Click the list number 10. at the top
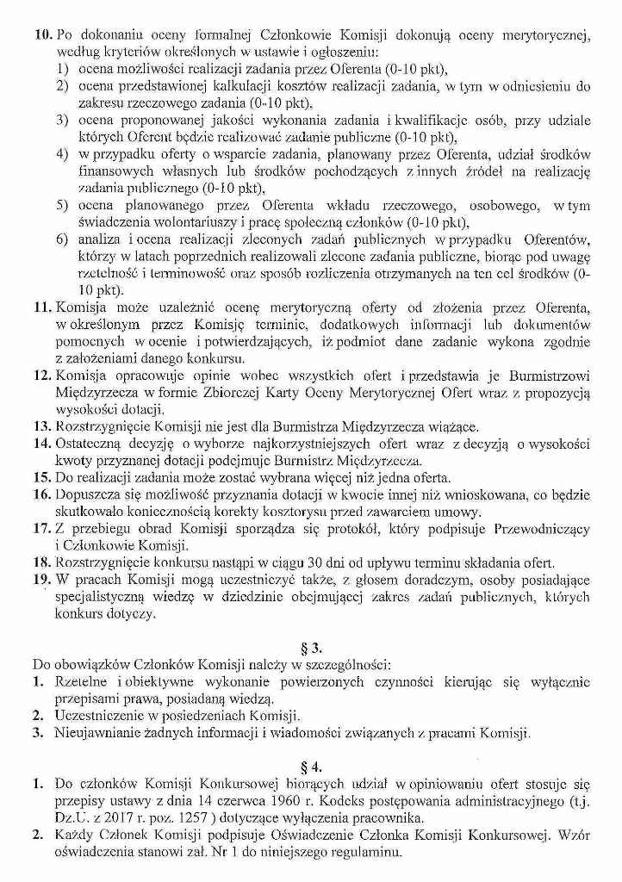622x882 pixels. (42, 34)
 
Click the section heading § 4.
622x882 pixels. (312, 764)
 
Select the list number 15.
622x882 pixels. (42, 476)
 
